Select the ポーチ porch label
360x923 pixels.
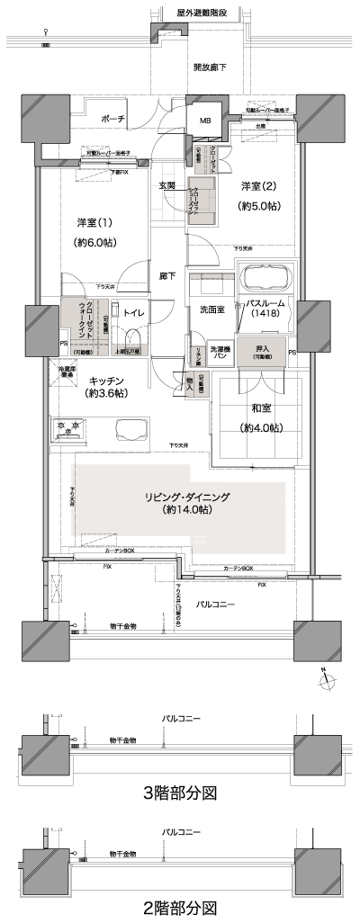(x=112, y=119)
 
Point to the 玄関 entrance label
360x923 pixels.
(x=167, y=185)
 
